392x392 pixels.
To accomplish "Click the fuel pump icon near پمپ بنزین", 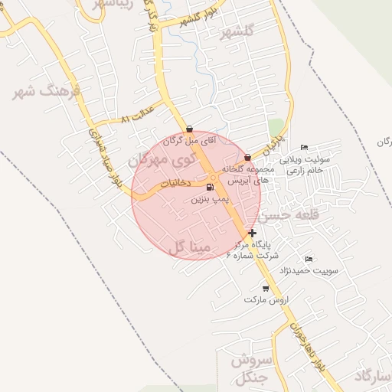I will click(210, 186).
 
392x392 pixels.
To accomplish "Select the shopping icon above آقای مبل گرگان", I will click(189, 129).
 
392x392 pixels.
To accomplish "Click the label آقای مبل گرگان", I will click(192, 141).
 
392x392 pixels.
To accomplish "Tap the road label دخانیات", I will click(175, 184).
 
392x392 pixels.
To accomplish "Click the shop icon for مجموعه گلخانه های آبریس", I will click(247, 157).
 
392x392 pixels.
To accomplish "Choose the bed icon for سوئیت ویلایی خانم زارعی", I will click(305, 148).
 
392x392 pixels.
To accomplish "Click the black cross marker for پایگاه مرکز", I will click(253, 232).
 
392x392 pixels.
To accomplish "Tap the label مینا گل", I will click(188, 247).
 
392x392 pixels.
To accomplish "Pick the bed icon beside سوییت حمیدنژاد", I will click(309, 259).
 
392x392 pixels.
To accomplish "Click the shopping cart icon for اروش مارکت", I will click(266, 288).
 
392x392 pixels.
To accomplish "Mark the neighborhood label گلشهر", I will click(236, 32).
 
